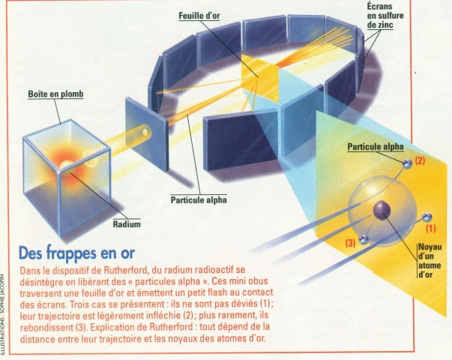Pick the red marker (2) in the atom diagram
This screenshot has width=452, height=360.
pos(420,160)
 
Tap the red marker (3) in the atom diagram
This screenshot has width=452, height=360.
pos(350,243)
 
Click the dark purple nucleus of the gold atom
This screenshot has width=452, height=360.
pos(383,208)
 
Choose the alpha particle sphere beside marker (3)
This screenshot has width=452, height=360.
pos(364,239)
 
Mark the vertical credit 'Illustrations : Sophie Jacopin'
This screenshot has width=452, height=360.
pos(5,308)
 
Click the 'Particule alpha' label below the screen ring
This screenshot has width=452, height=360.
pos(199,201)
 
